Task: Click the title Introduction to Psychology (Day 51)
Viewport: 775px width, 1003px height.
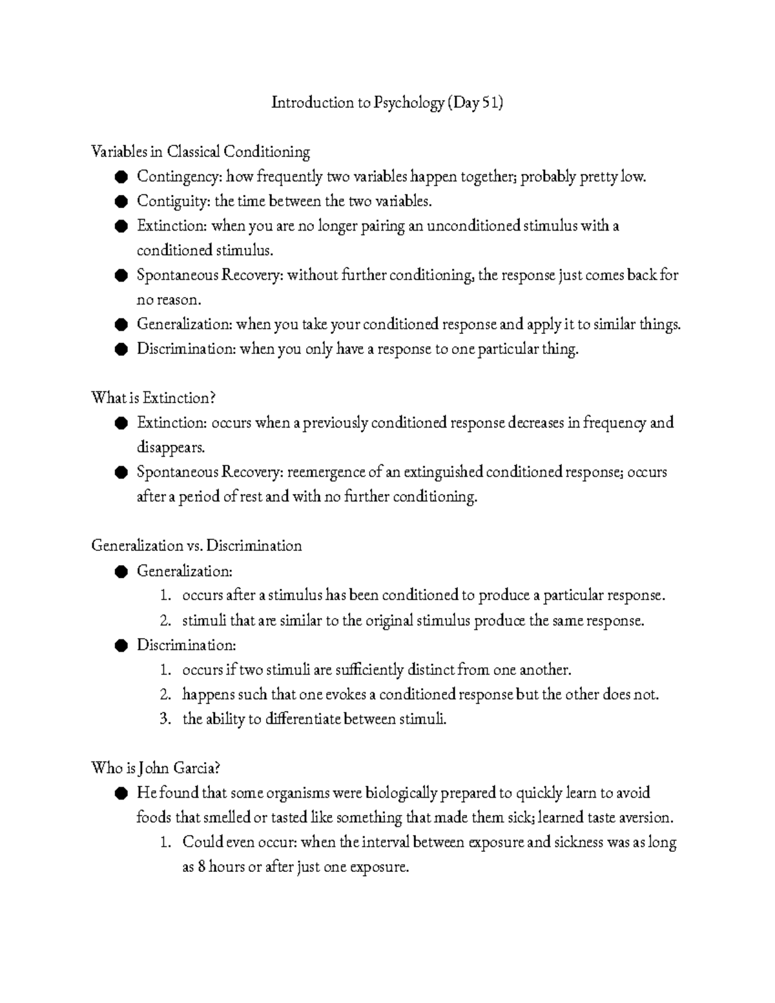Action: pyautogui.click(x=387, y=103)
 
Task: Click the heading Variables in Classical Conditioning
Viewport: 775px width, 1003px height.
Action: pyautogui.click(x=200, y=152)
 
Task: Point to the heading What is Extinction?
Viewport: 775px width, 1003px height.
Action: pyautogui.click(x=152, y=397)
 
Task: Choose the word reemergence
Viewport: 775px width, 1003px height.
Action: pyautogui.click(x=325, y=472)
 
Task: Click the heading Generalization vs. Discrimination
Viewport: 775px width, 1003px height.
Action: pyautogui.click(x=196, y=546)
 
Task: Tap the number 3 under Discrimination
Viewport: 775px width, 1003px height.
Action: pyautogui.click(x=164, y=719)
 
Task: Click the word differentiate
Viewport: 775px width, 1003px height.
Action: pyautogui.click(x=303, y=719)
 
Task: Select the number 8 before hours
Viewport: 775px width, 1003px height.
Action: pyautogui.click(x=201, y=867)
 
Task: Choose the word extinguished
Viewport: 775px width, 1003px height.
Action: pyautogui.click(x=442, y=472)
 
